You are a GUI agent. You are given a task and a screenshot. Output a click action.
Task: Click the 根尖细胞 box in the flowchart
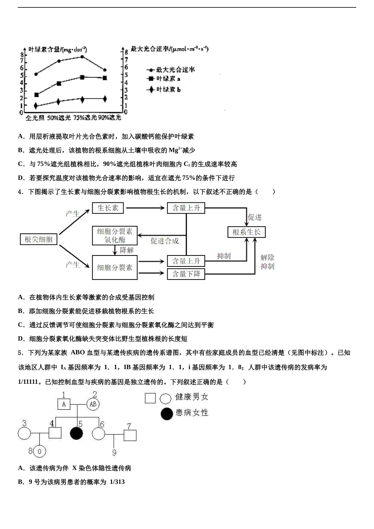[x=39, y=239]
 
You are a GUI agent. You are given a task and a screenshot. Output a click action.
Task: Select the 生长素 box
[x=108, y=208]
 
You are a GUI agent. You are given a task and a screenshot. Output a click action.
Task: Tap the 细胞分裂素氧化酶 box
[x=115, y=235]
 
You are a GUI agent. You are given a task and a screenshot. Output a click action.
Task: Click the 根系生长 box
[x=246, y=232]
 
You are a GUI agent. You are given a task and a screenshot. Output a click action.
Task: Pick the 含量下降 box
[x=186, y=274]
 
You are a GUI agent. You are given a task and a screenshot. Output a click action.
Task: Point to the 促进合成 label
[x=165, y=241]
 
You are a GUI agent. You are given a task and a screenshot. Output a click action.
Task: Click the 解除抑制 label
[x=267, y=262]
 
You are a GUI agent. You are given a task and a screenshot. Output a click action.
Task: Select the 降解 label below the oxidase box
[x=127, y=250]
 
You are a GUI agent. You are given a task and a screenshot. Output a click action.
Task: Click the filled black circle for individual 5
[x=77, y=434]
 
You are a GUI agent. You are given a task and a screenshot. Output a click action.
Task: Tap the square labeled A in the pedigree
[x=64, y=404]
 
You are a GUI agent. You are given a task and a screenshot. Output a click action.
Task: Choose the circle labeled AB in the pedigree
[x=93, y=404]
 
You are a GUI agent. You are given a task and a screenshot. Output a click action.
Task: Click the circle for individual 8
[x=39, y=451]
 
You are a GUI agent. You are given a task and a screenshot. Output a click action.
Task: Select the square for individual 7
[x=130, y=435]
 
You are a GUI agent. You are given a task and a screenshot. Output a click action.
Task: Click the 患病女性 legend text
[x=192, y=413]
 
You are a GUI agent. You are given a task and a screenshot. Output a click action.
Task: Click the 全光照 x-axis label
[x=35, y=118]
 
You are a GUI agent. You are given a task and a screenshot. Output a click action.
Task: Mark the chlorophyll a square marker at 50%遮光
[x=59, y=83]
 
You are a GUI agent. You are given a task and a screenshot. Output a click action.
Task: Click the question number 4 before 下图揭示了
[x=20, y=192]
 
